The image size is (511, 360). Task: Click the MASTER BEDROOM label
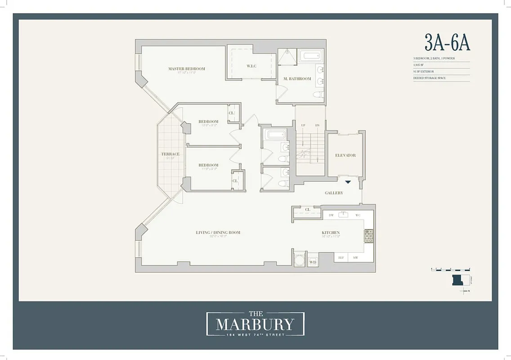tap(186, 69)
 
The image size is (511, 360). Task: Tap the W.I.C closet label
tap(251, 67)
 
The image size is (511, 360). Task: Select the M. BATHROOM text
tap(297, 79)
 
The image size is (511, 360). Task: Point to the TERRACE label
tap(170, 154)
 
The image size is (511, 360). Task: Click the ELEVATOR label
tap(345, 155)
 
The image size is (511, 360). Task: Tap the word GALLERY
tap(334, 193)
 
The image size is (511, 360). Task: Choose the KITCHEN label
tap(330, 233)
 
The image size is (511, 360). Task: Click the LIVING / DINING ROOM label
tap(218, 233)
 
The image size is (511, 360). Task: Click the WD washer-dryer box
tap(313, 261)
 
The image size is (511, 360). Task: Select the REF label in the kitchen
tap(341, 258)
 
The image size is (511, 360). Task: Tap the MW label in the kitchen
tap(355, 258)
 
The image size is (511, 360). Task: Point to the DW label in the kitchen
tap(331, 216)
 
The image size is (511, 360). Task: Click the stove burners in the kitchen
tap(368, 236)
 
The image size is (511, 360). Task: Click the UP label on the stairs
tap(303, 125)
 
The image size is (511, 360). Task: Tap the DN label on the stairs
tap(317, 125)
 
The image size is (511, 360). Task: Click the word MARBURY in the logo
tap(255, 324)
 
